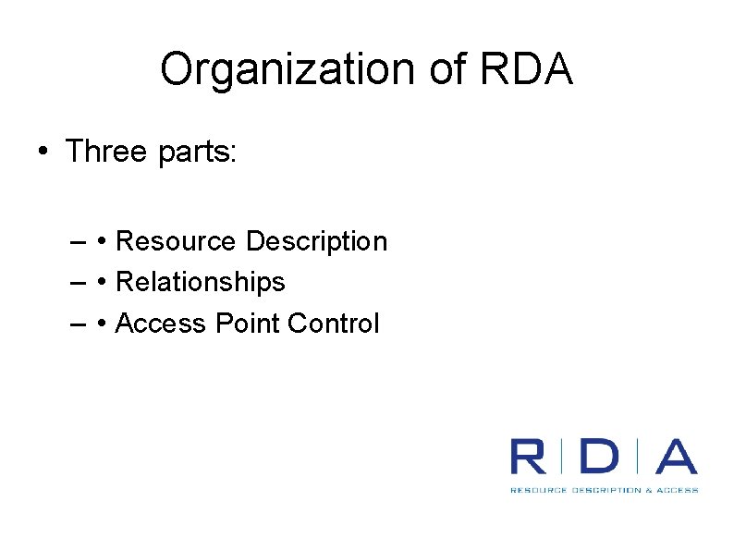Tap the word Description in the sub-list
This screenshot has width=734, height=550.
click(x=317, y=242)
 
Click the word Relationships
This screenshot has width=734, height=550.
click(x=201, y=282)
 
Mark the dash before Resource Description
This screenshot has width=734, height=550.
click(x=78, y=243)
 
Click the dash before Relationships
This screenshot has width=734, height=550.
click(x=78, y=283)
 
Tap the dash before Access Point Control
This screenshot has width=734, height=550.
click(x=78, y=324)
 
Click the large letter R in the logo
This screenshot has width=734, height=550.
click(x=528, y=458)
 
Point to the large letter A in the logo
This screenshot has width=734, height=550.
click(x=677, y=458)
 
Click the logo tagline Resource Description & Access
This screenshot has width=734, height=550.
click(x=604, y=490)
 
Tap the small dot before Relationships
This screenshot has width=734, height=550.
click(x=102, y=283)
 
